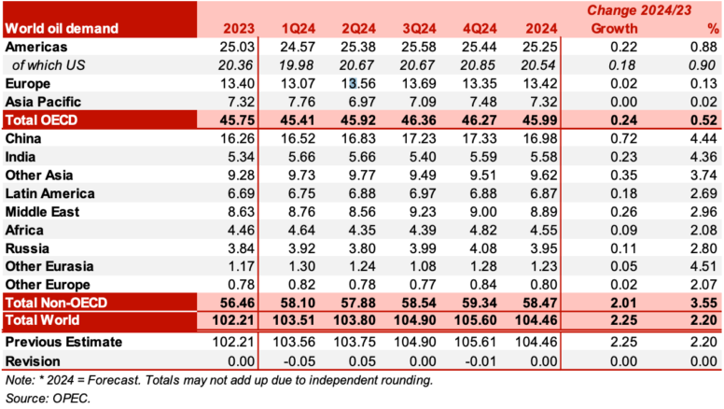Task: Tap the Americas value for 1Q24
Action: click(292, 46)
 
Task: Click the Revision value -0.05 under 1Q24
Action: click(293, 360)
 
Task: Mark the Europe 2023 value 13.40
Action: click(230, 83)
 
